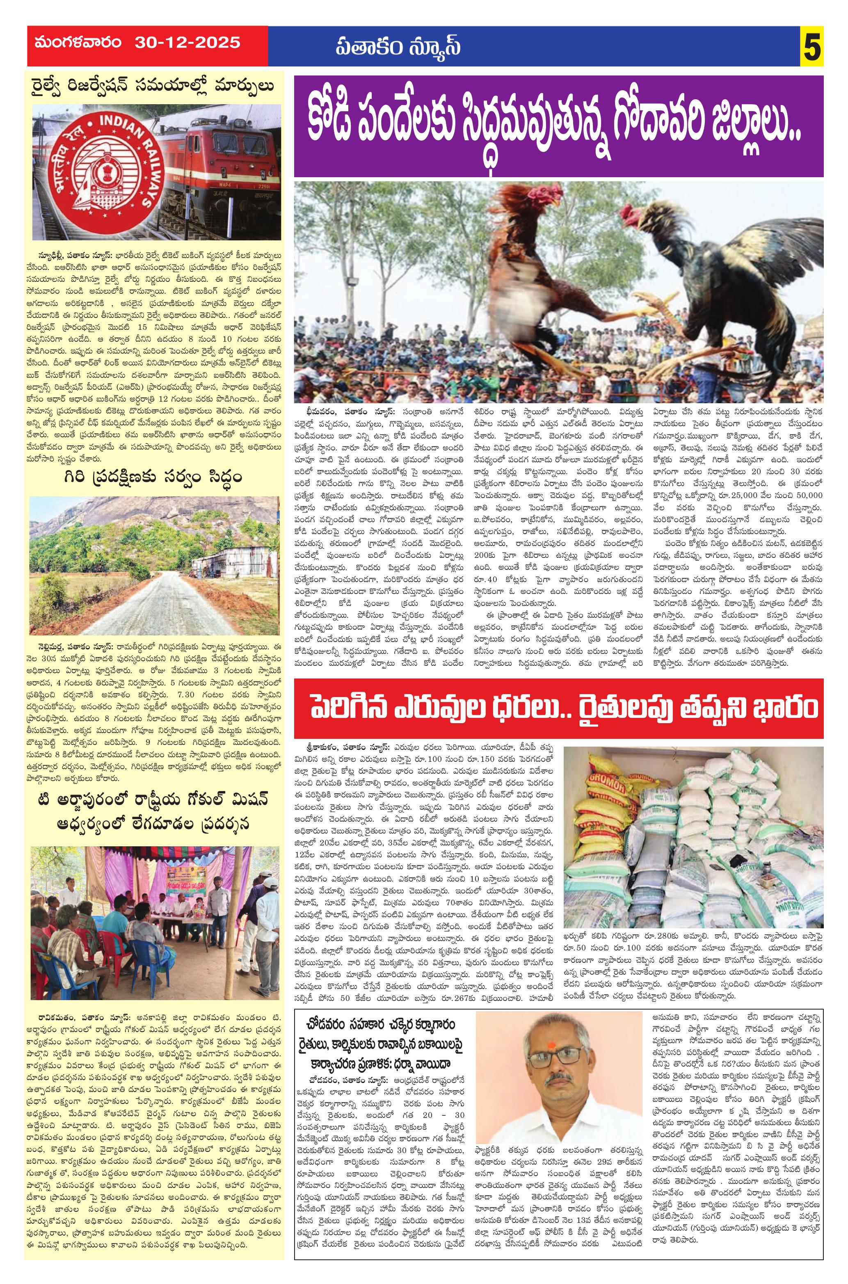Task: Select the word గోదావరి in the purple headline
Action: tap(617, 128)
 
